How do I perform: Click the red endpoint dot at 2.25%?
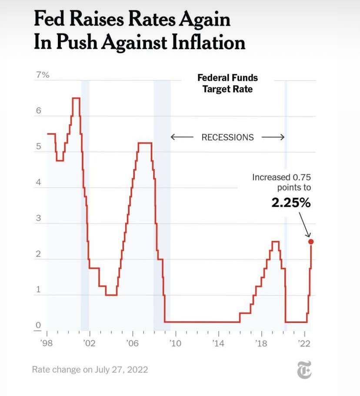point(311,242)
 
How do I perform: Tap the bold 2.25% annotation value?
point(291,203)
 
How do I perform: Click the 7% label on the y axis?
point(43,75)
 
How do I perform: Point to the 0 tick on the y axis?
point(38,325)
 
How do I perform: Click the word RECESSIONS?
point(227,137)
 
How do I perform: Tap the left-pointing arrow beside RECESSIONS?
point(181,137)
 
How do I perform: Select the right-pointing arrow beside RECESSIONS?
point(273,137)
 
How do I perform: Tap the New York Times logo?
point(304,371)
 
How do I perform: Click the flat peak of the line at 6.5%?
point(76,98)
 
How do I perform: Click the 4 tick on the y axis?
point(38,183)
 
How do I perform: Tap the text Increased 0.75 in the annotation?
point(282,177)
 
